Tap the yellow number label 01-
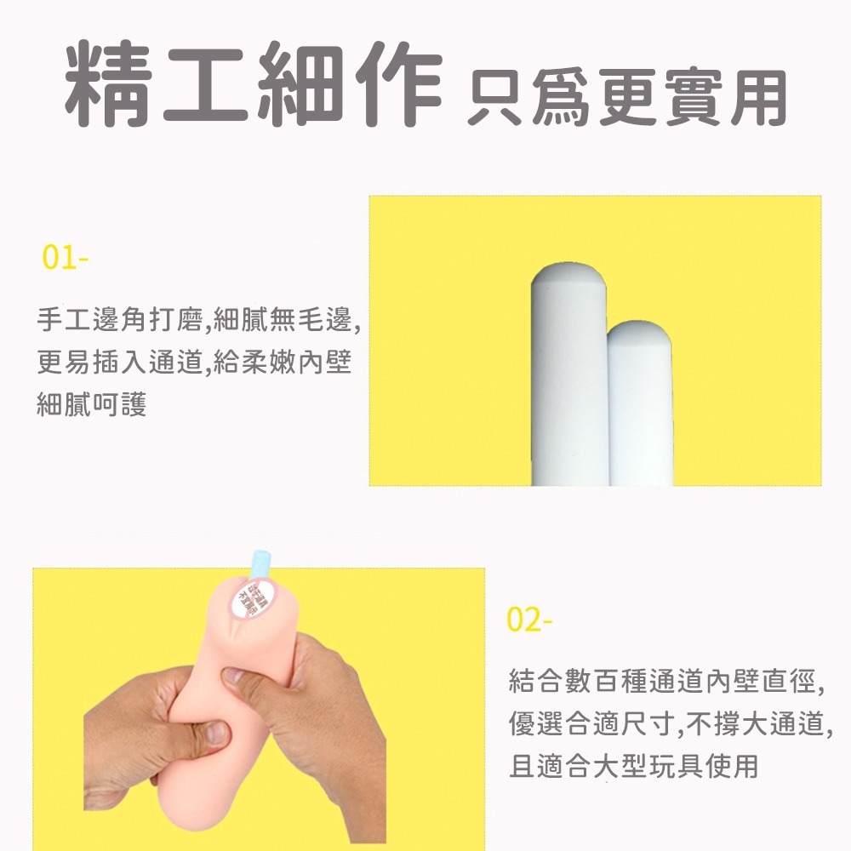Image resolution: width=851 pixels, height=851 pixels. pos(65,258)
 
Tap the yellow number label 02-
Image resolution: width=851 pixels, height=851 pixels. pos(529,620)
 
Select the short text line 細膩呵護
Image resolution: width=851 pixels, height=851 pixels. pos(92,404)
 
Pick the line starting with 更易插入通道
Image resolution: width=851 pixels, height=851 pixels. pos(194,363)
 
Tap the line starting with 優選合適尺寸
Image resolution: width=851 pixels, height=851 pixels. pos(669,723)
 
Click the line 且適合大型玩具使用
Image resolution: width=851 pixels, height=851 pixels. pos(632,766)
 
